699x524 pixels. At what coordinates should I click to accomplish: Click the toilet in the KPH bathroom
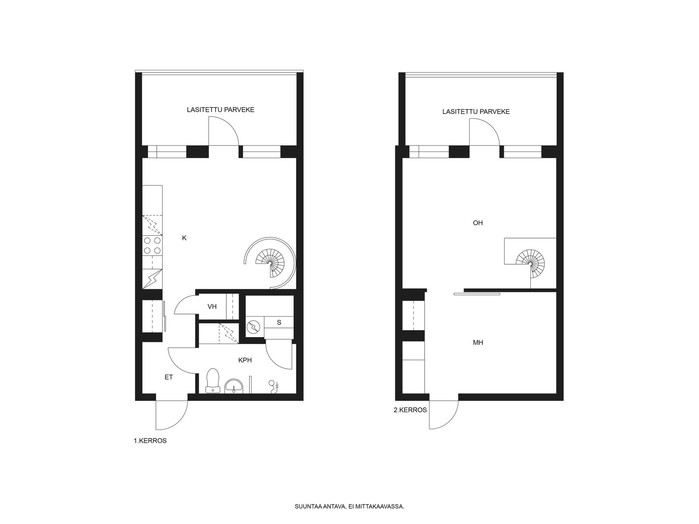[213, 380]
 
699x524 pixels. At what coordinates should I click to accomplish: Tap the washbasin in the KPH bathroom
[234, 386]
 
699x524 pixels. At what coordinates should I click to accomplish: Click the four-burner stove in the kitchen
[152, 245]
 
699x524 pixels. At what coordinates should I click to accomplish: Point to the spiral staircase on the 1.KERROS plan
[270, 263]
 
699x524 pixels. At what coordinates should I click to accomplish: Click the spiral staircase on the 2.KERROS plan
[530, 263]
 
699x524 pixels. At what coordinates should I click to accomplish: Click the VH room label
[212, 307]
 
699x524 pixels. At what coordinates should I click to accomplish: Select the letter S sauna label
[279, 322]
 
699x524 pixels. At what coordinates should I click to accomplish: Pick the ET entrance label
[169, 377]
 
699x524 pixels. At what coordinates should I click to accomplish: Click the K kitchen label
[184, 238]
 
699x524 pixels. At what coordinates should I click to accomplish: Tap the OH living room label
[478, 223]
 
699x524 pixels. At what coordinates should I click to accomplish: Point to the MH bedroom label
[478, 342]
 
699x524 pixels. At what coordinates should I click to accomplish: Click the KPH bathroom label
[245, 360]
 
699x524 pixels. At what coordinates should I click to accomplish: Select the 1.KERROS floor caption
[150, 441]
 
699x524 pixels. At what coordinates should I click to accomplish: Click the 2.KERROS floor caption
[410, 410]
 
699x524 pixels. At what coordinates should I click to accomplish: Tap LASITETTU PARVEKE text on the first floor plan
[220, 110]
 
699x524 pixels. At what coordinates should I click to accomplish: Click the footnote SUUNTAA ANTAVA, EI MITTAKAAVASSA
[349, 506]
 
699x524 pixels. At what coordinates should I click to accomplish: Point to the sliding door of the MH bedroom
[477, 294]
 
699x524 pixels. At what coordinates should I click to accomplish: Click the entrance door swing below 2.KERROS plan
[443, 415]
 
